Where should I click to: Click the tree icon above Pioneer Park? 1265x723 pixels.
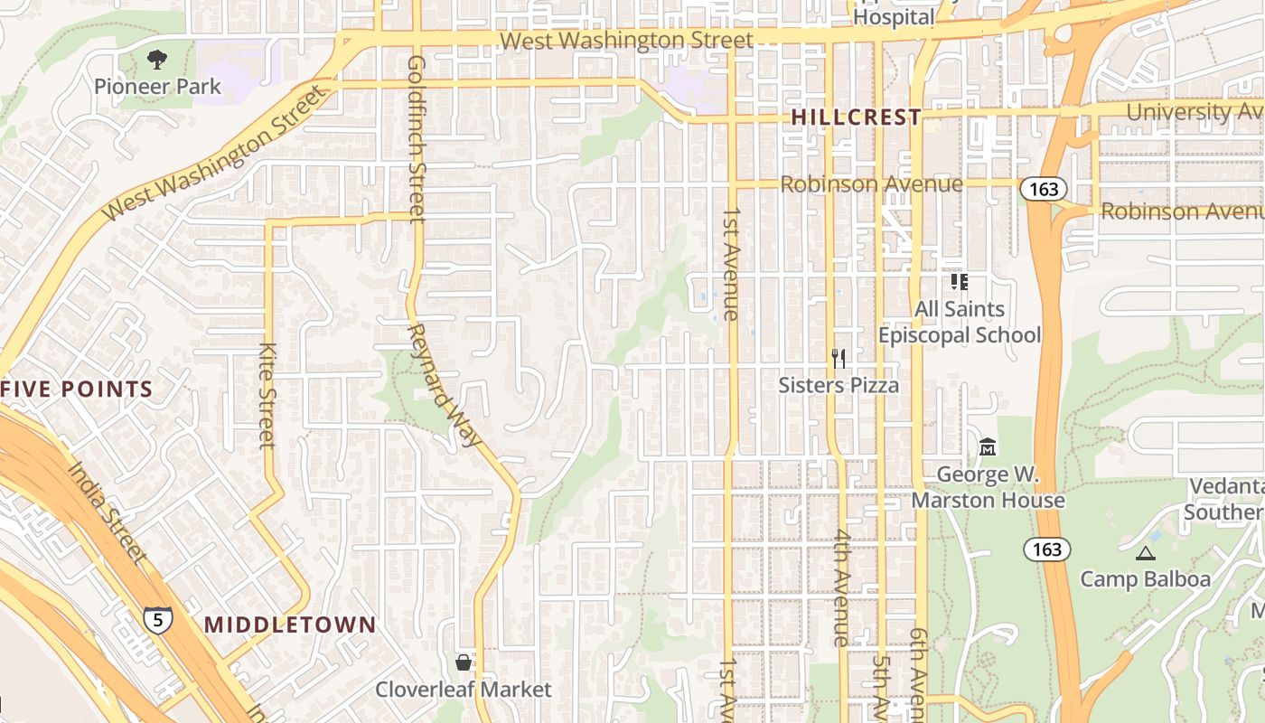pos(157,60)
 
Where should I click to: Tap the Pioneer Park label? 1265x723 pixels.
pos(157,87)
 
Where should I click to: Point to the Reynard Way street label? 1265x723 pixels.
pos(443,385)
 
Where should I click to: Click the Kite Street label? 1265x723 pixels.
pos(267,395)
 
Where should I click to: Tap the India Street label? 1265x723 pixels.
pos(107,512)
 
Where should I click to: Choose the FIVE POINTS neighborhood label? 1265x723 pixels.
pos(77,390)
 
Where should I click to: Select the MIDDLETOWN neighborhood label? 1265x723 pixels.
pos(289,624)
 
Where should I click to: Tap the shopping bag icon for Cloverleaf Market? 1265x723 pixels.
pos(464,662)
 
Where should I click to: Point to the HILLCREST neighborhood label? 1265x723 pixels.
pos(856,117)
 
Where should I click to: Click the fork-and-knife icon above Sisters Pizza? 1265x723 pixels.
pos(839,359)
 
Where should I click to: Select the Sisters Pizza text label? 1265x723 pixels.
pos(839,386)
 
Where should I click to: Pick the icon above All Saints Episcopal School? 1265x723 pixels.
pos(960,282)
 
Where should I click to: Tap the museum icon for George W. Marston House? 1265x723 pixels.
pos(988,447)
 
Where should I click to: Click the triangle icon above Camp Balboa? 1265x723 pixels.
pos(1146,553)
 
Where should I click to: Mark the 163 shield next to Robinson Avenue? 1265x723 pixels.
pos(1044,189)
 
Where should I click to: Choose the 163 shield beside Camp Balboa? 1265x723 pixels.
pos(1047,549)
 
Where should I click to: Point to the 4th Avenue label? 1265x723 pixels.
pos(842,587)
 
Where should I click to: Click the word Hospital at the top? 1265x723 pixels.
pos(894,17)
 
